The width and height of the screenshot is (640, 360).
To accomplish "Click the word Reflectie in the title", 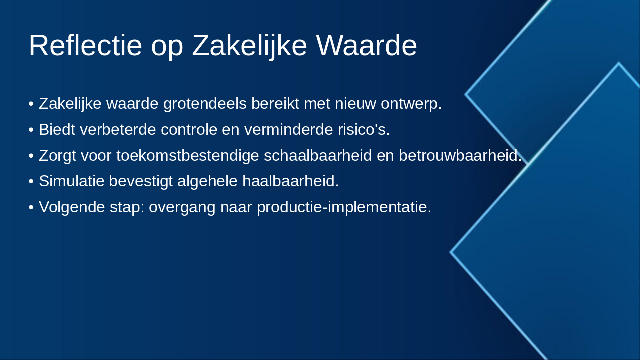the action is point(85,45).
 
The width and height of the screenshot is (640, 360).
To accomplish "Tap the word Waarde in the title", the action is point(367,45).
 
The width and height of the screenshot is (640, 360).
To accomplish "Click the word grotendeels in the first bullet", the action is point(205,103).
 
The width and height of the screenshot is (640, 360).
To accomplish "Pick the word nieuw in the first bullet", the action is point(355,103).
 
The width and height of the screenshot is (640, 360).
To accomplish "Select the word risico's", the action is point(364,129).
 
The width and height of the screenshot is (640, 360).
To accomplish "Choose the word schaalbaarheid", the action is point(318,155).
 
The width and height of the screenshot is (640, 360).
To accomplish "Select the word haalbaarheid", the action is point(291,181).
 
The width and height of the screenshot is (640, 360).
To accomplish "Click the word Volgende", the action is point(72,207).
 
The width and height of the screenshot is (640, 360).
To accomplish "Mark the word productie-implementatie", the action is point(344,207).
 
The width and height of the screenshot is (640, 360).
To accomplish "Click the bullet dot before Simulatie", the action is point(31,181).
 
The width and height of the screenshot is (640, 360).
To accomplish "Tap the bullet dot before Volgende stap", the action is point(31,207).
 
